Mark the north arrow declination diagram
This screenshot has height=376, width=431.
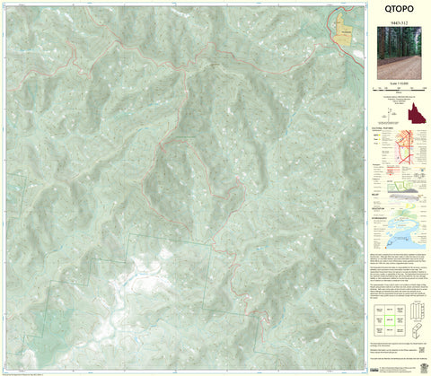click(392, 111)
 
